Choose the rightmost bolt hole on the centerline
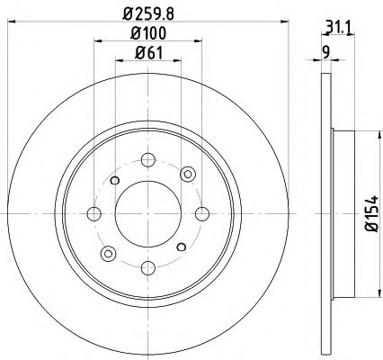coord(202,213)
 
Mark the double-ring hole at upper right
coord(188,174)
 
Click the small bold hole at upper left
coord(114,180)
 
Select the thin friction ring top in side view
coord(325,99)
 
